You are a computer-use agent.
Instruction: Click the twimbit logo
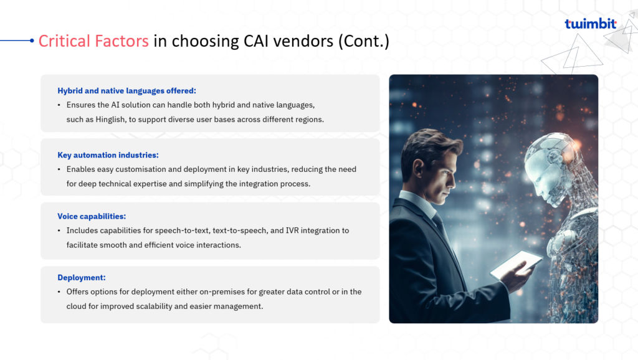pos(591,24)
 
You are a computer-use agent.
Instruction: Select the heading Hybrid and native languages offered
pos(126,91)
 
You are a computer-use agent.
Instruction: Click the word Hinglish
pos(110,120)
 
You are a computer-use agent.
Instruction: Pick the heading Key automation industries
pos(108,155)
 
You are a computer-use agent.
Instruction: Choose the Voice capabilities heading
pos(92,216)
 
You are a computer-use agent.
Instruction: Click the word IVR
pos(292,230)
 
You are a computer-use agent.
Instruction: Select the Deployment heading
pos(82,277)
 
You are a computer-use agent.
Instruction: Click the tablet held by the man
pos(516,264)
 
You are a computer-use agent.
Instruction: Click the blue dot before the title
pos(32,40)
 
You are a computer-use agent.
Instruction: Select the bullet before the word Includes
pos(59,230)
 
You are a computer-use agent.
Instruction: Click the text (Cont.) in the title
pos(364,41)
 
